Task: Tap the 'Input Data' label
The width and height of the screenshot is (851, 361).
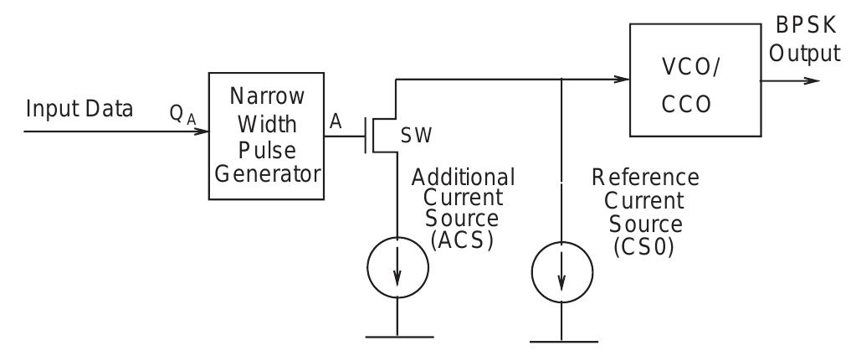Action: [80, 110]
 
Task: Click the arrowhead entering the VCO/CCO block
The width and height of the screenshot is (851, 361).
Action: [623, 80]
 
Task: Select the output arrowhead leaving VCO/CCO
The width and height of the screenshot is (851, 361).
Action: [811, 80]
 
